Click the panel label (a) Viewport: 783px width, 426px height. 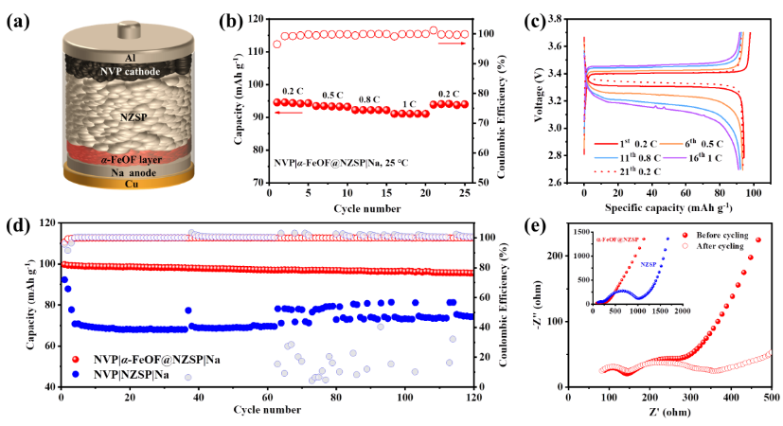point(21,23)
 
